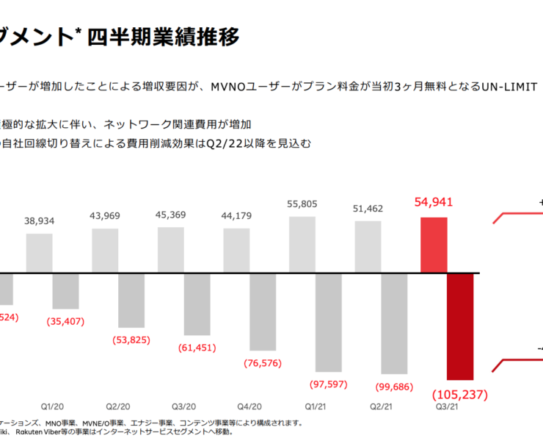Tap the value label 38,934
40,221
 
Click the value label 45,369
171,215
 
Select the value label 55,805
302,204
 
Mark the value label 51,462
368,209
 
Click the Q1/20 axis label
52,406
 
